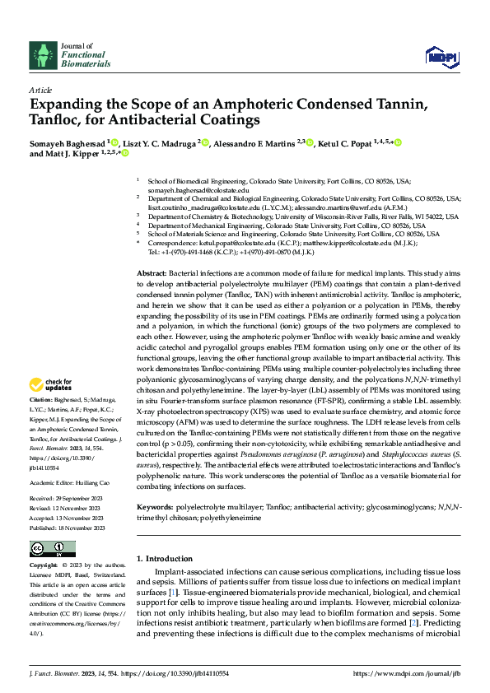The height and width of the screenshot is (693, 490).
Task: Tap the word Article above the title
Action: [x=40, y=90]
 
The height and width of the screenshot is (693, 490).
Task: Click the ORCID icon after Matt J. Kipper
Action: [x=126, y=153]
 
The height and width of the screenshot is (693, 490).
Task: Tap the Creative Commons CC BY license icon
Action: [x=52, y=549]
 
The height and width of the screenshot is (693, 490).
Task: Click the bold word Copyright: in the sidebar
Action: [x=44, y=566]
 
